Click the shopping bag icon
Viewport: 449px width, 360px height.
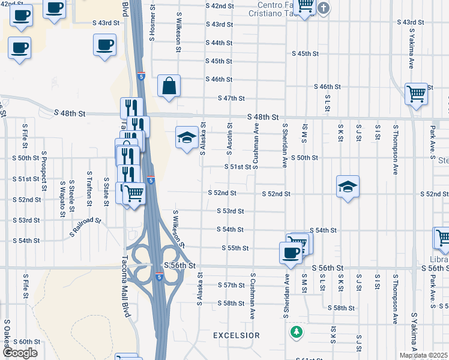[x=169, y=86]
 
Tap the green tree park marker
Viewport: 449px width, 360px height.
[x=295, y=331]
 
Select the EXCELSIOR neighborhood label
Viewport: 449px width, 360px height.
[x=237, y=335]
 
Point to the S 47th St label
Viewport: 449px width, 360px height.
[x=231, y=98]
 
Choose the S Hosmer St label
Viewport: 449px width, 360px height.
[x=152, y=24]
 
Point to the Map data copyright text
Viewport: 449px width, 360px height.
[x=424, y=355]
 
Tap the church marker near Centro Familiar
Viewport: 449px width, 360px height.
[x=324, y=8]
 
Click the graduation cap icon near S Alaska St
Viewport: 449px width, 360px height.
[x=187, y=137]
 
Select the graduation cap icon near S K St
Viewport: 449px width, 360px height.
[x=348, y=187]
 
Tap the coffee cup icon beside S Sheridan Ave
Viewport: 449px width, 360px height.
[x=291, y=252]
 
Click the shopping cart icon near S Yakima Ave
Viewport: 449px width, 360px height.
[x=416, y=94]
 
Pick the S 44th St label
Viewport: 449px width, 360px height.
[x=218, y=43]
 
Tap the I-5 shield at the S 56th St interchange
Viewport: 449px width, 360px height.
[x=158, y=277]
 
